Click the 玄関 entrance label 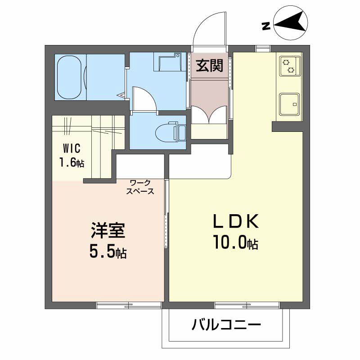[x=210, y=67]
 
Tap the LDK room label [x=235, y=221]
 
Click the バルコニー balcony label [x=226, y=324]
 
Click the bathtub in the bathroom [x=70, y=77]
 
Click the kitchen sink [x=289, y=104]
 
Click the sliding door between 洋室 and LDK [x=166, y=214]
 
